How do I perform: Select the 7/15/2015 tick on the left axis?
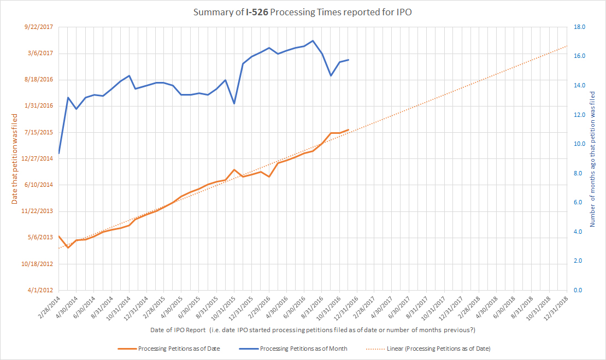40,132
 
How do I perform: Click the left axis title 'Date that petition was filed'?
15,158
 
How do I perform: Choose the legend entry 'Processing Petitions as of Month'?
303,349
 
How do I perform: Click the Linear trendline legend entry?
438,349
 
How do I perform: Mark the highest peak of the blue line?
313,40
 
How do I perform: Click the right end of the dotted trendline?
567,46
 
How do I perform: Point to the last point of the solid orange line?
348,129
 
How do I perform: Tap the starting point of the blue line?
58,153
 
